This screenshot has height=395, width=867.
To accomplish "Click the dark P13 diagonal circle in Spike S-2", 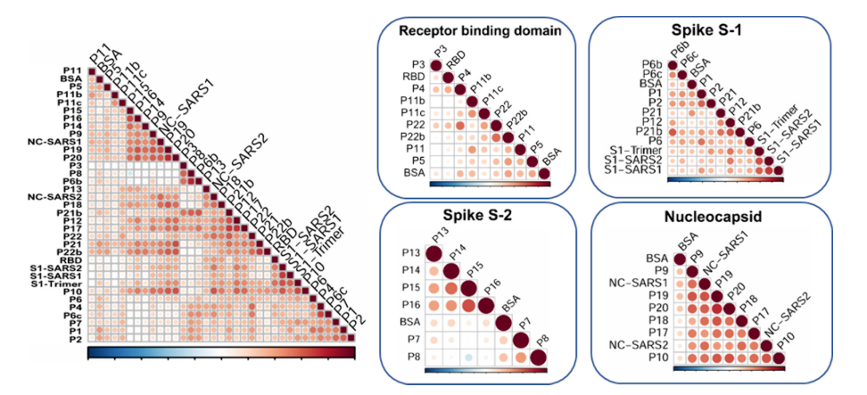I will point(432,255).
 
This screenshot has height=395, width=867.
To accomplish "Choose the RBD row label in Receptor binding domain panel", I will point(414,78).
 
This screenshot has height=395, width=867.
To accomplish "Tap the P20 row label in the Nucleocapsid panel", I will point(648,305).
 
